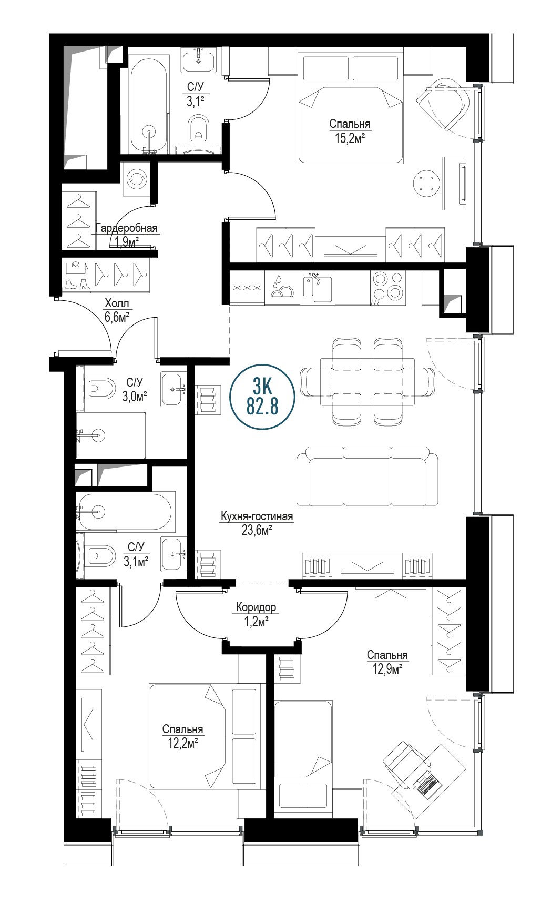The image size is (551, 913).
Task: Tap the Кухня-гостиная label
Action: point(257,516)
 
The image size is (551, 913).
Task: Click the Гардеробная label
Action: point(127,228)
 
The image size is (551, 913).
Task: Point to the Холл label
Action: point(117,303)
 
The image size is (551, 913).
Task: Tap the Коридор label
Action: point(256,607)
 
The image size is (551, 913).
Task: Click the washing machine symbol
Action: point(137,179)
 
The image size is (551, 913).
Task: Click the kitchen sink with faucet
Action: point(317,287)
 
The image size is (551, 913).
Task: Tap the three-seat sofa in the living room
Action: point(367,476)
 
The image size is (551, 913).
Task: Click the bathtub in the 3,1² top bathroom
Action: point(150,105)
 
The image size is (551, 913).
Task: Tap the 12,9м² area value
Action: point(387,669)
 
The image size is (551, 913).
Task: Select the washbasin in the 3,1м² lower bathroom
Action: point(174,554)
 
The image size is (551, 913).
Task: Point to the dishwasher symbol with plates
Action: point(282,287)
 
